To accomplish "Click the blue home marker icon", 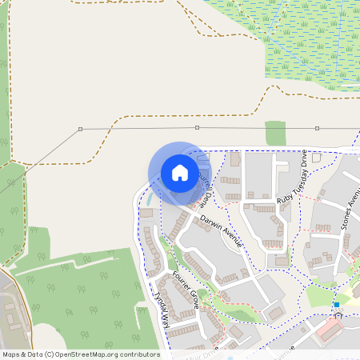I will click(x=180, y=173).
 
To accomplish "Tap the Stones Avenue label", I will click(x=346, y=210).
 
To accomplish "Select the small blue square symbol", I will click(x=337, y=304).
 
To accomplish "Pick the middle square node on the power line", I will click(x=197, y=127).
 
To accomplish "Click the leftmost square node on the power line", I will click(x=80, y=129).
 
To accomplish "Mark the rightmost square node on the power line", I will click(x=317, y=127).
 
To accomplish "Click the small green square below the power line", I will click(x=275, y=133).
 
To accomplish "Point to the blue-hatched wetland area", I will click(x=304, y=40).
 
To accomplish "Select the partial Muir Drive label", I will click(x=201, y=353).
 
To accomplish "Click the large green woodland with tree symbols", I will click(x=80, y=296).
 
